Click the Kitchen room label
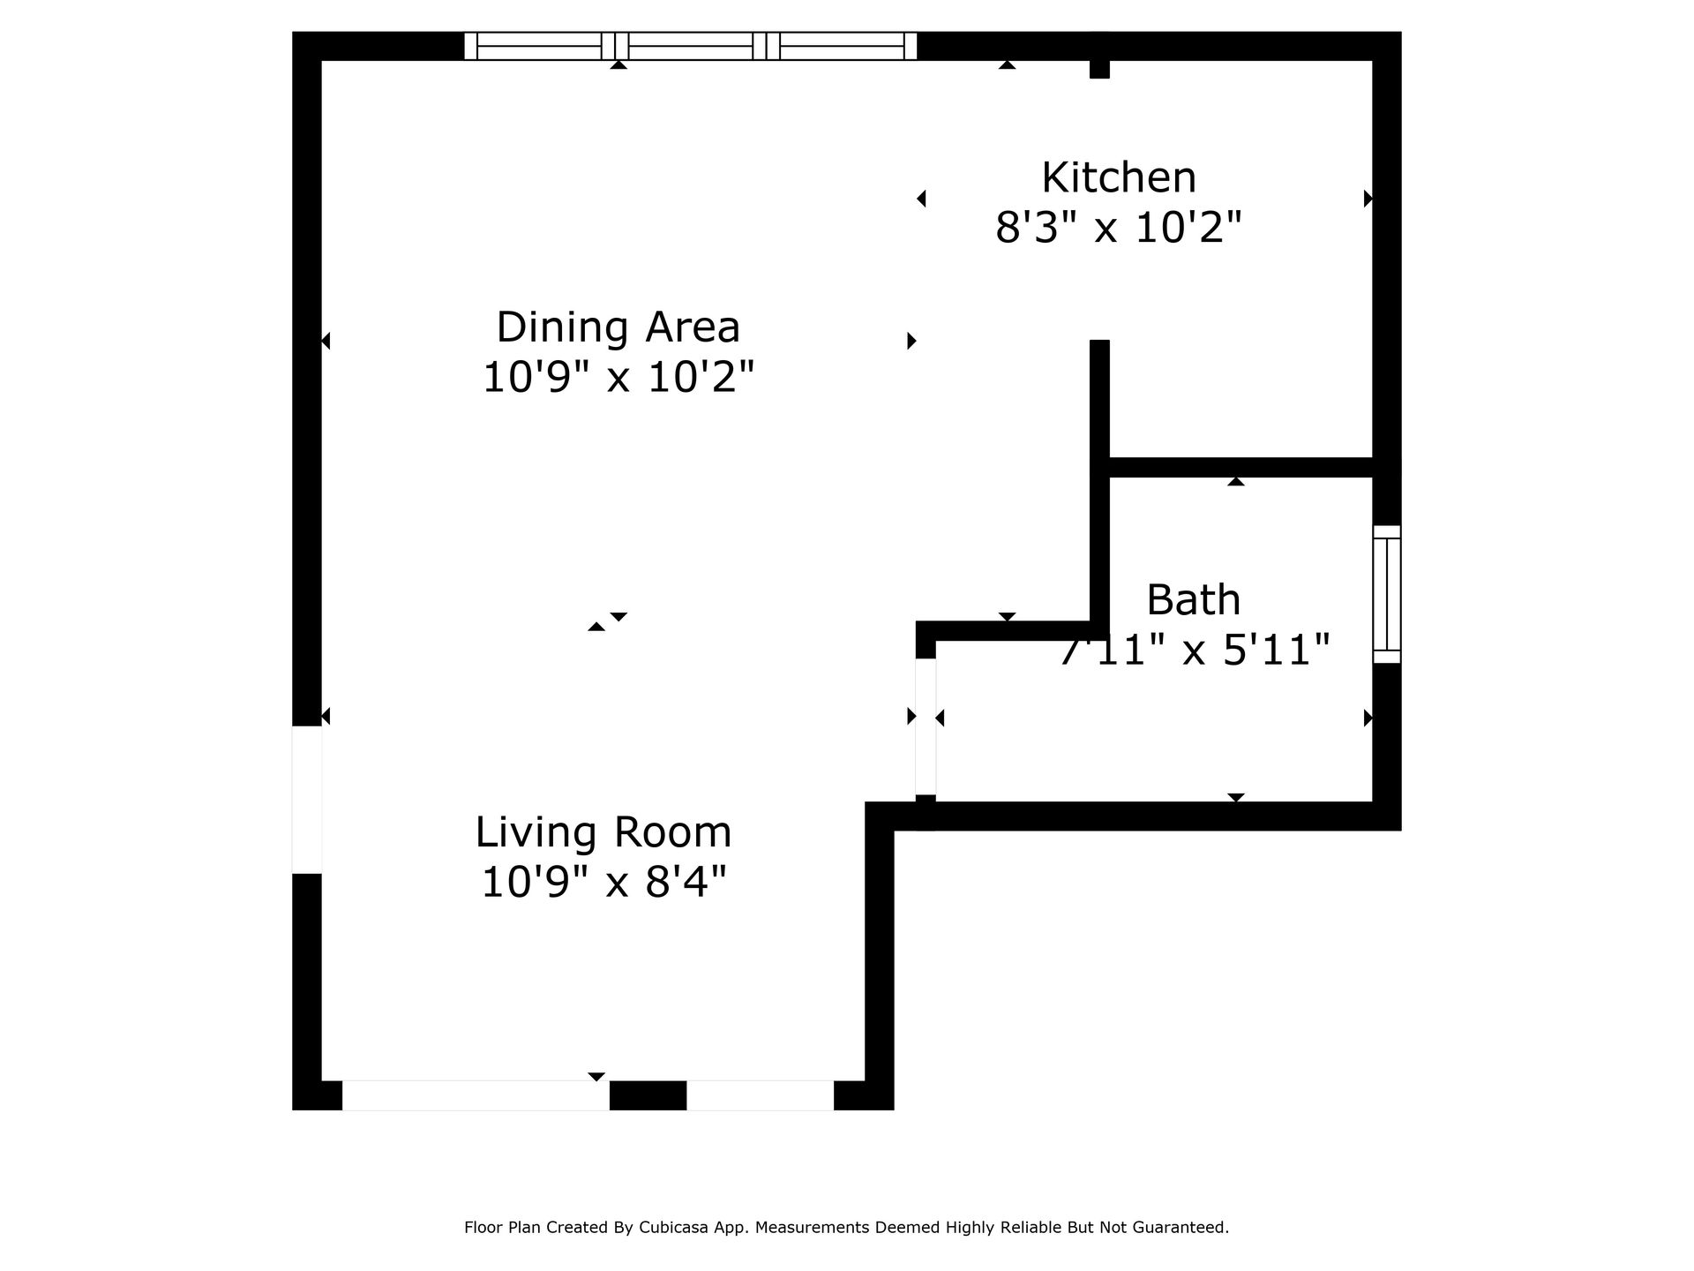tap(1118, 177)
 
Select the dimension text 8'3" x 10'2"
tap(1118, 228)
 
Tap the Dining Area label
tap(618, 327)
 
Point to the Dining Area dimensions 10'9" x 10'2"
tap(618, 378)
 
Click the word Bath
tap(1193, 600)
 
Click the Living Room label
tap(603, 832)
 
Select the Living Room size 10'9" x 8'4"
tap(603, 882)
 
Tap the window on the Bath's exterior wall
tap(1386, 594)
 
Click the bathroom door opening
tap(925, 726)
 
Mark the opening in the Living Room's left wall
tap(306, 800)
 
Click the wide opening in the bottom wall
tap(475, 1094)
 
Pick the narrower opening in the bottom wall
tap(760, 1094)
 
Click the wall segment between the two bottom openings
tap(648, 1094)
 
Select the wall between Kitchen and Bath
tap(1240, 467)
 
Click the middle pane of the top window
tap(690, 46)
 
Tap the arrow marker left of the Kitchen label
tap(921, 199)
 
